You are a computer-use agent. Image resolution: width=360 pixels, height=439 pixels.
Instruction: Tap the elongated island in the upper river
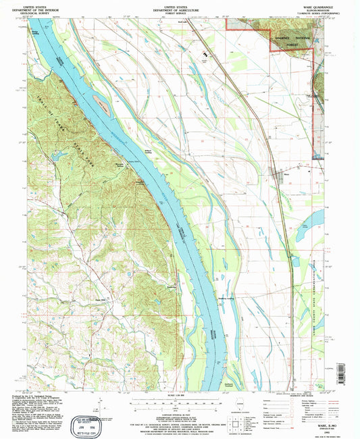click(x=103, y=103)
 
